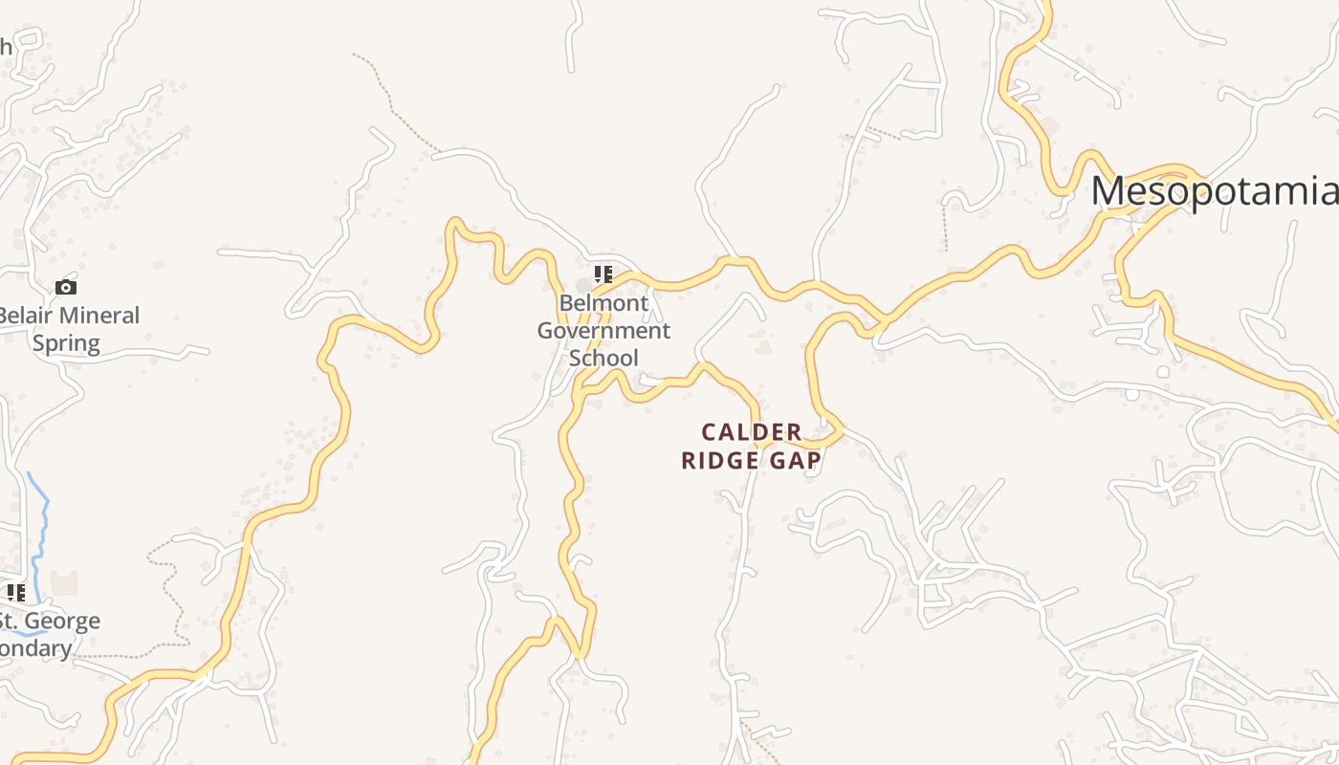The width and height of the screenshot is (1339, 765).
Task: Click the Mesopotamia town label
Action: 1215,191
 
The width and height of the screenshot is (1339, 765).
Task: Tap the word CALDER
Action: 752,432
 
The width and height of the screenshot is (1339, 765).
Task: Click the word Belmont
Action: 604,303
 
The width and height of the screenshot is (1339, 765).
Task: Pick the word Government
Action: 604,331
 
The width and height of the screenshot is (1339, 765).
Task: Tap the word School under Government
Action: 604,359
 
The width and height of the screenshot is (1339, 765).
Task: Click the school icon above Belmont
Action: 603,274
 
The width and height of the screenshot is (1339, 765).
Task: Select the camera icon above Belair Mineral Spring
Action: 66,287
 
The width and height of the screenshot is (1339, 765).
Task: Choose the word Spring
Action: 66,343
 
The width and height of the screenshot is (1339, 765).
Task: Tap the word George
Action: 63,622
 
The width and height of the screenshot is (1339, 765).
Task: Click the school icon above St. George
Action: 15,593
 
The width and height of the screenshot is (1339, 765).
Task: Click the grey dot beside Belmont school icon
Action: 583,286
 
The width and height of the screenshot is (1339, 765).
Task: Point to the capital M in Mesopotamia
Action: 1108,191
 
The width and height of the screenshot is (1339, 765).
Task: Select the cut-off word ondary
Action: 35,649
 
